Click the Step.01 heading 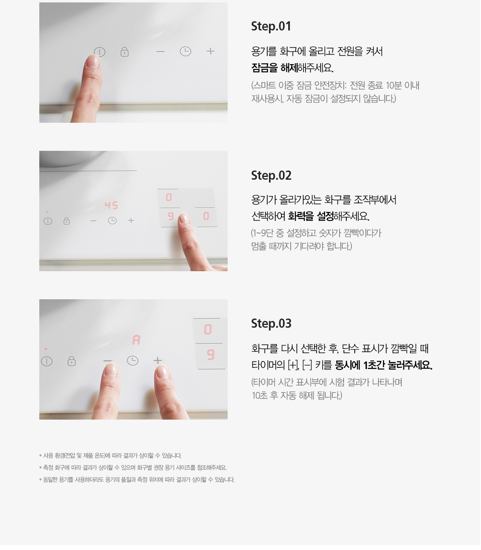click(x=271, y=26)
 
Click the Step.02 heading click(x=271, y=176)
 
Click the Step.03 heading click(x=271, y=323)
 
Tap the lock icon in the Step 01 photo click(x=124, y=52)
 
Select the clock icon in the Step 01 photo click(x=185, y=51)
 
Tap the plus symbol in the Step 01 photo click(x=210, y=51)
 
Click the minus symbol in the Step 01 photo click(x=160, y=51)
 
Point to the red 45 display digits click(x=111, y=205)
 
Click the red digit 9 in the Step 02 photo click(x=171, y=216)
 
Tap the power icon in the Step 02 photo click(x=48, y=221)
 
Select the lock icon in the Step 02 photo click(x=66, y=221)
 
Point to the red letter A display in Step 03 click(x=136, y=340)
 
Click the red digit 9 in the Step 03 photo click(x=210, y=355)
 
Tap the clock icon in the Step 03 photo click(x=132, y=361)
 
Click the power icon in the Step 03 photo click(x=47, y=361)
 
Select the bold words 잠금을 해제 click(x=275, y=68)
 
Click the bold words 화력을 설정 click(x=311, y=216)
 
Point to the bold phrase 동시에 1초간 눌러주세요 click(x=384, y=365)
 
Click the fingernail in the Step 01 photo click(x=93, y=61)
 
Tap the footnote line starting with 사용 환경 click(x=110, y=455)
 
